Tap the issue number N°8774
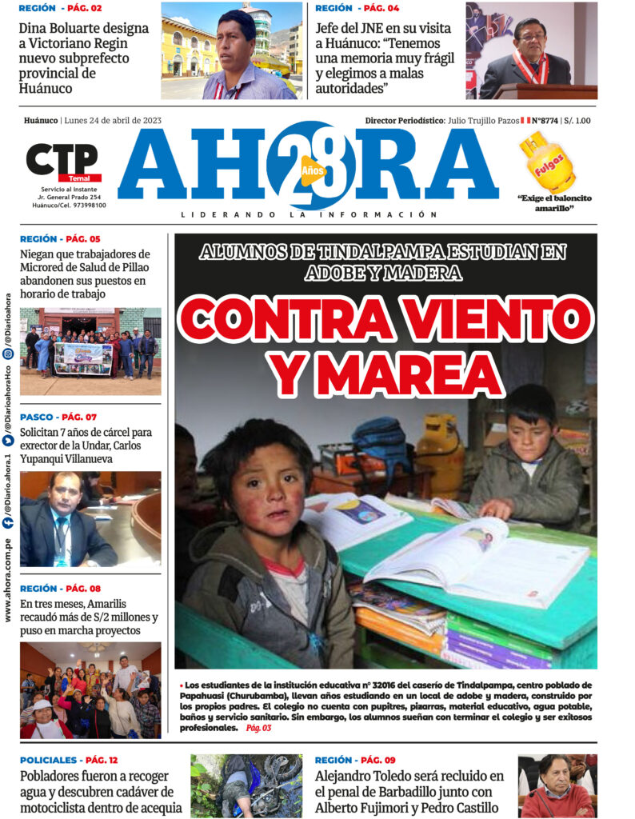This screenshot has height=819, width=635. (x=545, y=120)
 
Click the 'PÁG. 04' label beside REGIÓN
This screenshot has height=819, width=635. (x=381, y=8)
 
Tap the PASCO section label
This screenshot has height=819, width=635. (x=37, y=417)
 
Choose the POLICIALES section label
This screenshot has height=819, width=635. (x=49, y=760)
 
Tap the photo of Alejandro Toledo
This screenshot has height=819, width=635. (x=557, y=785)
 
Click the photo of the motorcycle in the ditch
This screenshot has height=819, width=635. (x=246, y=785)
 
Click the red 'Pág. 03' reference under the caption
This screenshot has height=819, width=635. (x=258, y=728)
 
